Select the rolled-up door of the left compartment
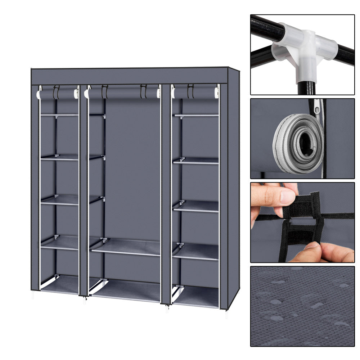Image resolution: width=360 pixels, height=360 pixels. coord(58,95)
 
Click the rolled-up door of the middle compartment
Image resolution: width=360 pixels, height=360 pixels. coord(122,94)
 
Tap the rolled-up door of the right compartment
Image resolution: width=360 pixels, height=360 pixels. coord(195,93)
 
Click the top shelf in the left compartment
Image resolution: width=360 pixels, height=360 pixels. coord(59,115)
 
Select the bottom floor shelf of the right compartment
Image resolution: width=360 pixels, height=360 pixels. coord(196,296)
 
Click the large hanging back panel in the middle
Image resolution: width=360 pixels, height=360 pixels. coord(132,166)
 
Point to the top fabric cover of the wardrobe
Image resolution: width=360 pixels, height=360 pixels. coord(130,76)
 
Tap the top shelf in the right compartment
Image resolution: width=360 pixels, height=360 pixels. coord(196,115)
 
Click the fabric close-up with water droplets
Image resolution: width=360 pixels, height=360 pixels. coord(302,306)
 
